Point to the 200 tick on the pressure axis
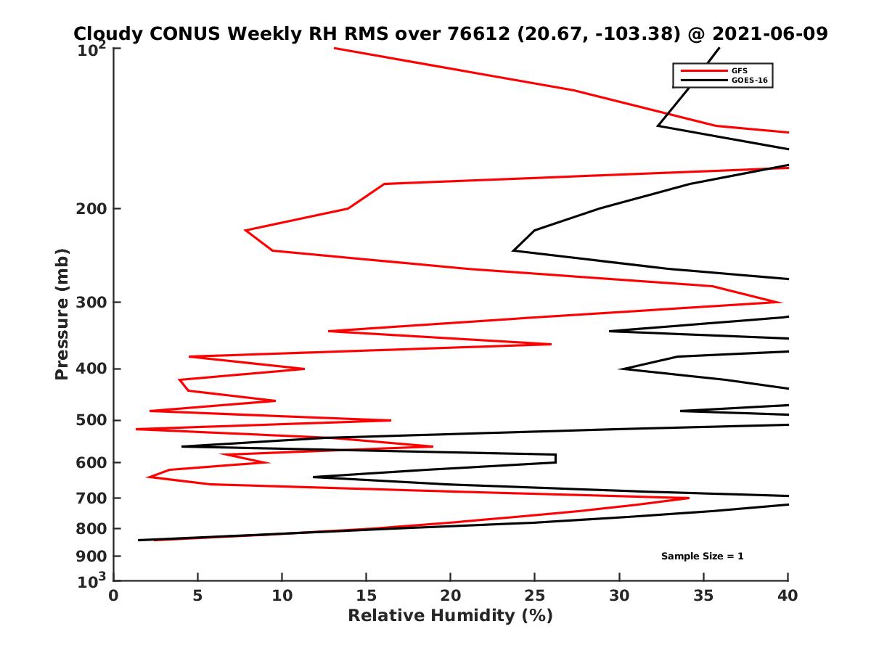click(93, 209)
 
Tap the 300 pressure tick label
click(93, 303)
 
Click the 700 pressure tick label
click(93, 498)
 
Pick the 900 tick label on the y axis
click(93, 557)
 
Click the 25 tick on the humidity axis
click(535, 596)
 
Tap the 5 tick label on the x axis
click(198, 596)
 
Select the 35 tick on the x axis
click(703, 596)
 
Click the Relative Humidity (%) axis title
click(450, 616)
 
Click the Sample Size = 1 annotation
click(702, 557)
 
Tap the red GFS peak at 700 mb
click(688, 498)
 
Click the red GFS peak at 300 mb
click(780, 302)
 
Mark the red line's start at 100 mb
click(335, 48)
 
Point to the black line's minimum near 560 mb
click(182, 446)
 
